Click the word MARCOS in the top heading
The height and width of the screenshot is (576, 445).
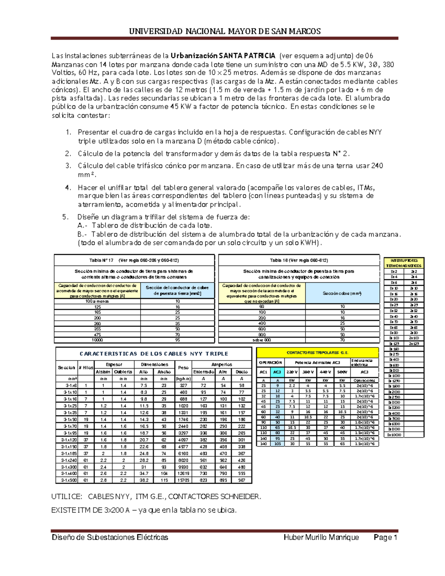(x=306, y=31)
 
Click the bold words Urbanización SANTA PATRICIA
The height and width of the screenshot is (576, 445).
(x=223, y=56)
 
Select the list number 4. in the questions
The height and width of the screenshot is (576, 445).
(x=68, y=187)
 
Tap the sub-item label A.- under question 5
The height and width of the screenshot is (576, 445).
(x=83, y=226)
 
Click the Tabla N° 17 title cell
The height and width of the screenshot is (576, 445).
(x=134, y=260)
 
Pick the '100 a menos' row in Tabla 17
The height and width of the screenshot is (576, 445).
(x=97, y=301)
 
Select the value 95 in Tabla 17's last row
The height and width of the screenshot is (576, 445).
(x=178, y=340)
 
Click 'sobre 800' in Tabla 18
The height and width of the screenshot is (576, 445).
(x=262, y=340)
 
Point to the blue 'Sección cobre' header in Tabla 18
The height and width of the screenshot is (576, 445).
(x=342, y=293)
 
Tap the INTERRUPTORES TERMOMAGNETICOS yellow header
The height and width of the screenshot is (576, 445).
(x=404, y=263)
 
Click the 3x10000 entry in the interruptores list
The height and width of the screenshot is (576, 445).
(x=394, y=435)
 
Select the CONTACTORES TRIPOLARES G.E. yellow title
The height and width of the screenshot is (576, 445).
(x=317, y=353)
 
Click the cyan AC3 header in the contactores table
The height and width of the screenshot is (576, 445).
(x=277, y=372)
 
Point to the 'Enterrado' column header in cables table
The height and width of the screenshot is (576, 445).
(x=203, y=372)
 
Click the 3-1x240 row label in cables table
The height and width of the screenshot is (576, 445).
(x=67, y=460)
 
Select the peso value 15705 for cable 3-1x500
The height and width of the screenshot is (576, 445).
(x=183, y=480)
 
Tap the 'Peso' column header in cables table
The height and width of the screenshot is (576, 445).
(x=183, y=368)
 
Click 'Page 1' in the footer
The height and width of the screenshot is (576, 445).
(x=385, y=537)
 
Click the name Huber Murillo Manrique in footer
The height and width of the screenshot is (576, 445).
(x=321, y=537)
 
